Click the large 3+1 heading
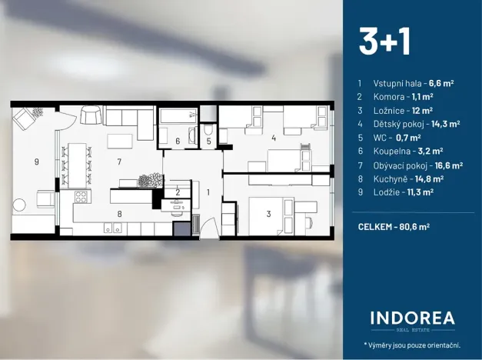(x=384, y=42)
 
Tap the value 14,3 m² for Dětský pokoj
(x=446, y=124)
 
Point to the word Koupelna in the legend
(x=391, y=152)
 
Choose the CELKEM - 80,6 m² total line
(x=394, y=227)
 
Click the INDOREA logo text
(x=412, y=318)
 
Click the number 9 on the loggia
(x=35, y=162)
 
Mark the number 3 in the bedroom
(x=268, y=214)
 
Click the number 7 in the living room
(x=119, y=162)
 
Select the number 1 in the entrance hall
(x=208, y=192)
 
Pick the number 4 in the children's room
(x=273, y=138)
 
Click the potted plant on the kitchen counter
(x=148, y=181)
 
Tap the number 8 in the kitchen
(x=119, y=215)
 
